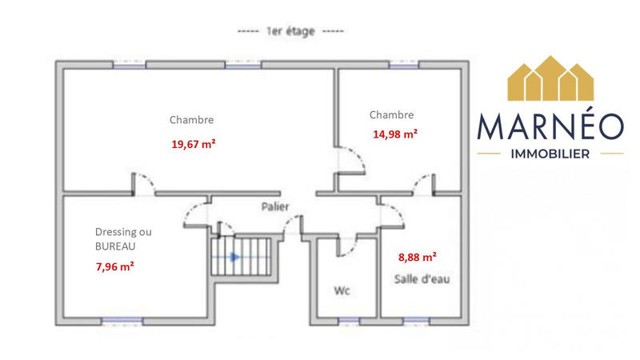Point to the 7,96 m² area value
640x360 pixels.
(x=114, y=266)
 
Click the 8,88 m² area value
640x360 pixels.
(x=417, y=258)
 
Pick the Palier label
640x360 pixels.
(x=275, y=206)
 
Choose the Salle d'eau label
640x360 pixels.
(x=416, y=278)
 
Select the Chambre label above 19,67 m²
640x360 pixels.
(x=191, y=120)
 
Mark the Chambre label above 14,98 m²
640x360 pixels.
(x=391, y=114)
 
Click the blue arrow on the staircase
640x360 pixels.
(x=233, y=257)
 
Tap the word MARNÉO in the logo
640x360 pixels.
(x=549, y=129)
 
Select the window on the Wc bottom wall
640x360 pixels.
(x=348, y=321)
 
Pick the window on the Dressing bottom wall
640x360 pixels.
(x=122, y=321)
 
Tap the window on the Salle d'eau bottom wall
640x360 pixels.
(x=415, y=321)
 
